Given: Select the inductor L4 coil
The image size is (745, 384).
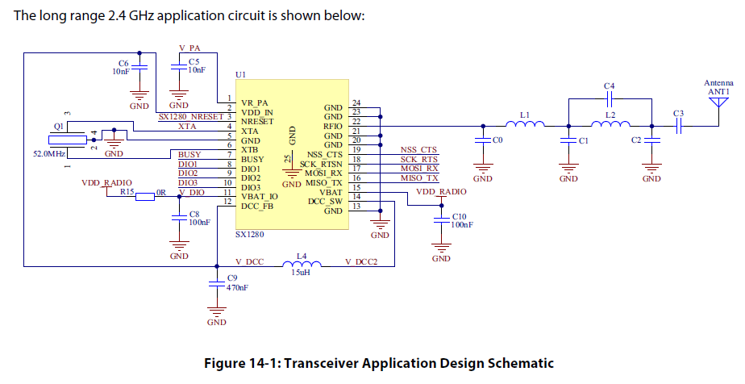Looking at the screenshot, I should [x=302, y=263].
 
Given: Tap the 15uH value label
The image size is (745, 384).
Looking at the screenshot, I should [x=302, y=273].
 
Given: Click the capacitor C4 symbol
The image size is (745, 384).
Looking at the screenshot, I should [x=610, y=100].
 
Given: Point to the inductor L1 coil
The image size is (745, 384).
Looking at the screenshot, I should [x=526, y=125].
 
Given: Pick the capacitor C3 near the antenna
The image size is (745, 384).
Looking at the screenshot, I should [x=678, y=126].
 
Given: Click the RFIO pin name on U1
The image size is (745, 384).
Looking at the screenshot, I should [x=332, y=126].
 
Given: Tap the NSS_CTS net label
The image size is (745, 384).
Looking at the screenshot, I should [x=418, y=150].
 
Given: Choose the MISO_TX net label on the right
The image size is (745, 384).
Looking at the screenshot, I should [x=419, y=177].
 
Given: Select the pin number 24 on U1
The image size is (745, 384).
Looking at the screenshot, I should [x=356, y=103].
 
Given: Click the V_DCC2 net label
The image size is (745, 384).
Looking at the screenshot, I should [x=361, y=262].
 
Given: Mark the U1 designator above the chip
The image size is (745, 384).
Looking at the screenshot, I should [x=240, y=74].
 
